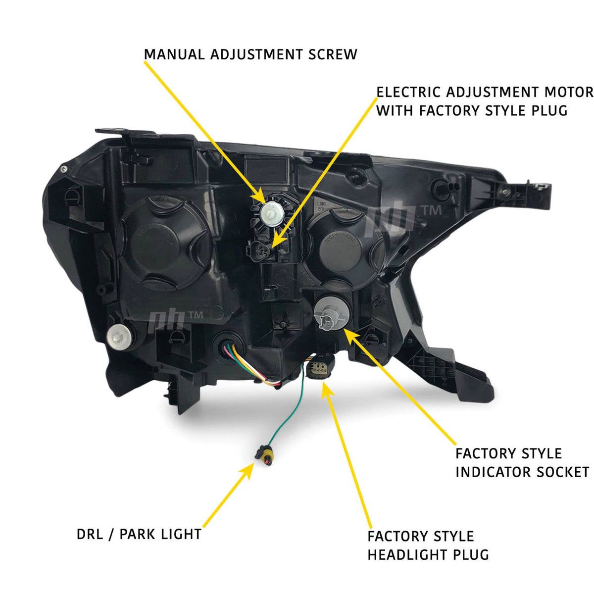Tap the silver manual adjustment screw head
click(x=271, y=213)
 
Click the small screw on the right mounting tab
click(x=505, y=192)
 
